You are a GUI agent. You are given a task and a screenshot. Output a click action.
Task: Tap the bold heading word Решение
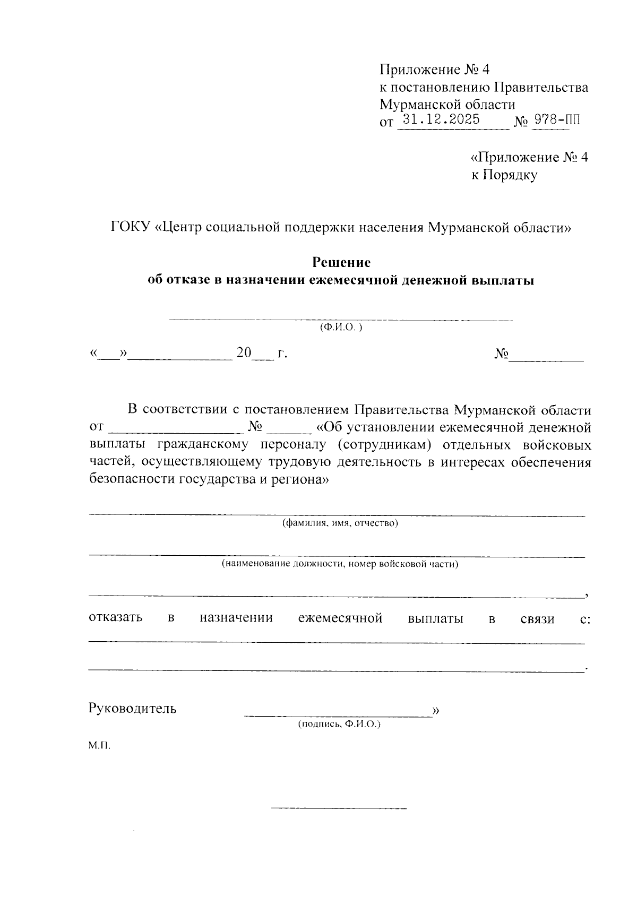coord(341,262)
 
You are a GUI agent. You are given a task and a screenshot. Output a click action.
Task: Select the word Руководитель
coord(133,708)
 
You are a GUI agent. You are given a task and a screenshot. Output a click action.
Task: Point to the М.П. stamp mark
coord(100,746)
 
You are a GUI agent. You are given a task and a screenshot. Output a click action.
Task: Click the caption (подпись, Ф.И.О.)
coord(340,723)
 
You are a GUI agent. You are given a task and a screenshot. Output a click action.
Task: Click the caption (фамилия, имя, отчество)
coord(340,523)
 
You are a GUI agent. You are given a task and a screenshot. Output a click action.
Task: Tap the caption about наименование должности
coord(340,564)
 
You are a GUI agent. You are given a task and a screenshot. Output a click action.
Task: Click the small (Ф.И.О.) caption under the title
coord(341,328)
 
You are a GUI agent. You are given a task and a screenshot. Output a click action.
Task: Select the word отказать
coord(116,618)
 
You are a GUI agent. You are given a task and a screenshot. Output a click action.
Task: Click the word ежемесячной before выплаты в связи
coord(340,618)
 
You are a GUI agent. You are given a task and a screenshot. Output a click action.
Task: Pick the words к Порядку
coord(504,175)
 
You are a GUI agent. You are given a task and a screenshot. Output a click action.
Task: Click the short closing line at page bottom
coord(339,808)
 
